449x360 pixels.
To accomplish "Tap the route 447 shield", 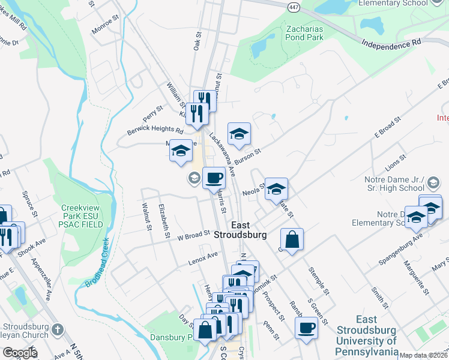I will (293, 7).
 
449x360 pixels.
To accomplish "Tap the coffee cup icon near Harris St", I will (214, 177).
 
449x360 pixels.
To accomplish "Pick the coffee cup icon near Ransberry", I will (306, 328).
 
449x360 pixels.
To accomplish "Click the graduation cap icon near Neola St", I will (276, 189).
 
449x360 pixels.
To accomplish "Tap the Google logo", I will (19, 353).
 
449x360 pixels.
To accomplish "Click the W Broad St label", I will (193, 235).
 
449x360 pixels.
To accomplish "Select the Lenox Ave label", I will (202, 257).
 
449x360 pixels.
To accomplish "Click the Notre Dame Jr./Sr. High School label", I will (410, 184).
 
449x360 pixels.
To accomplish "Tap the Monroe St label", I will (106, 29).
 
